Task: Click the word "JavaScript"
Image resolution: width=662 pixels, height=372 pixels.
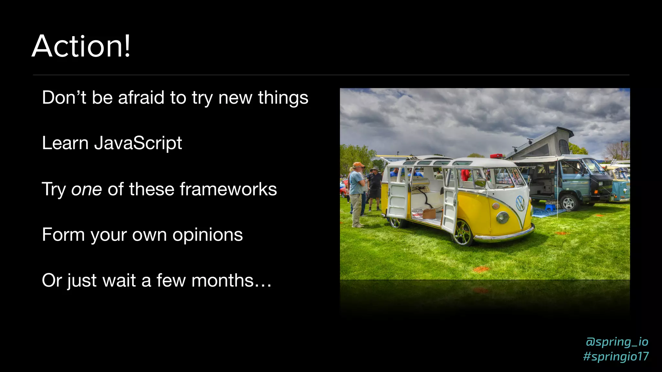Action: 138,143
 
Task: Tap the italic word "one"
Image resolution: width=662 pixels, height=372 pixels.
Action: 87,189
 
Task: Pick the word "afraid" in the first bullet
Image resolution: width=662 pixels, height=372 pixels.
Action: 141,98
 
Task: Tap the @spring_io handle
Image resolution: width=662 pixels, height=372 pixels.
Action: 617,342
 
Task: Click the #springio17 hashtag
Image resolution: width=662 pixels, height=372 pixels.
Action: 616,356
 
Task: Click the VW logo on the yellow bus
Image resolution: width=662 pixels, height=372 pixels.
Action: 520,203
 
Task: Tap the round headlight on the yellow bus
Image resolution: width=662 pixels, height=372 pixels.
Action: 502,217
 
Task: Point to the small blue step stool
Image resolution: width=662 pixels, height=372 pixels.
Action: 550,207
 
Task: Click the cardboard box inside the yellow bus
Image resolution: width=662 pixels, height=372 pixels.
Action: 429,213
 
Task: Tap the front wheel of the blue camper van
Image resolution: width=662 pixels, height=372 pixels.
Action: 568,203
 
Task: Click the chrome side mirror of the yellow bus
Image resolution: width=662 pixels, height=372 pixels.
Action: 480,183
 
